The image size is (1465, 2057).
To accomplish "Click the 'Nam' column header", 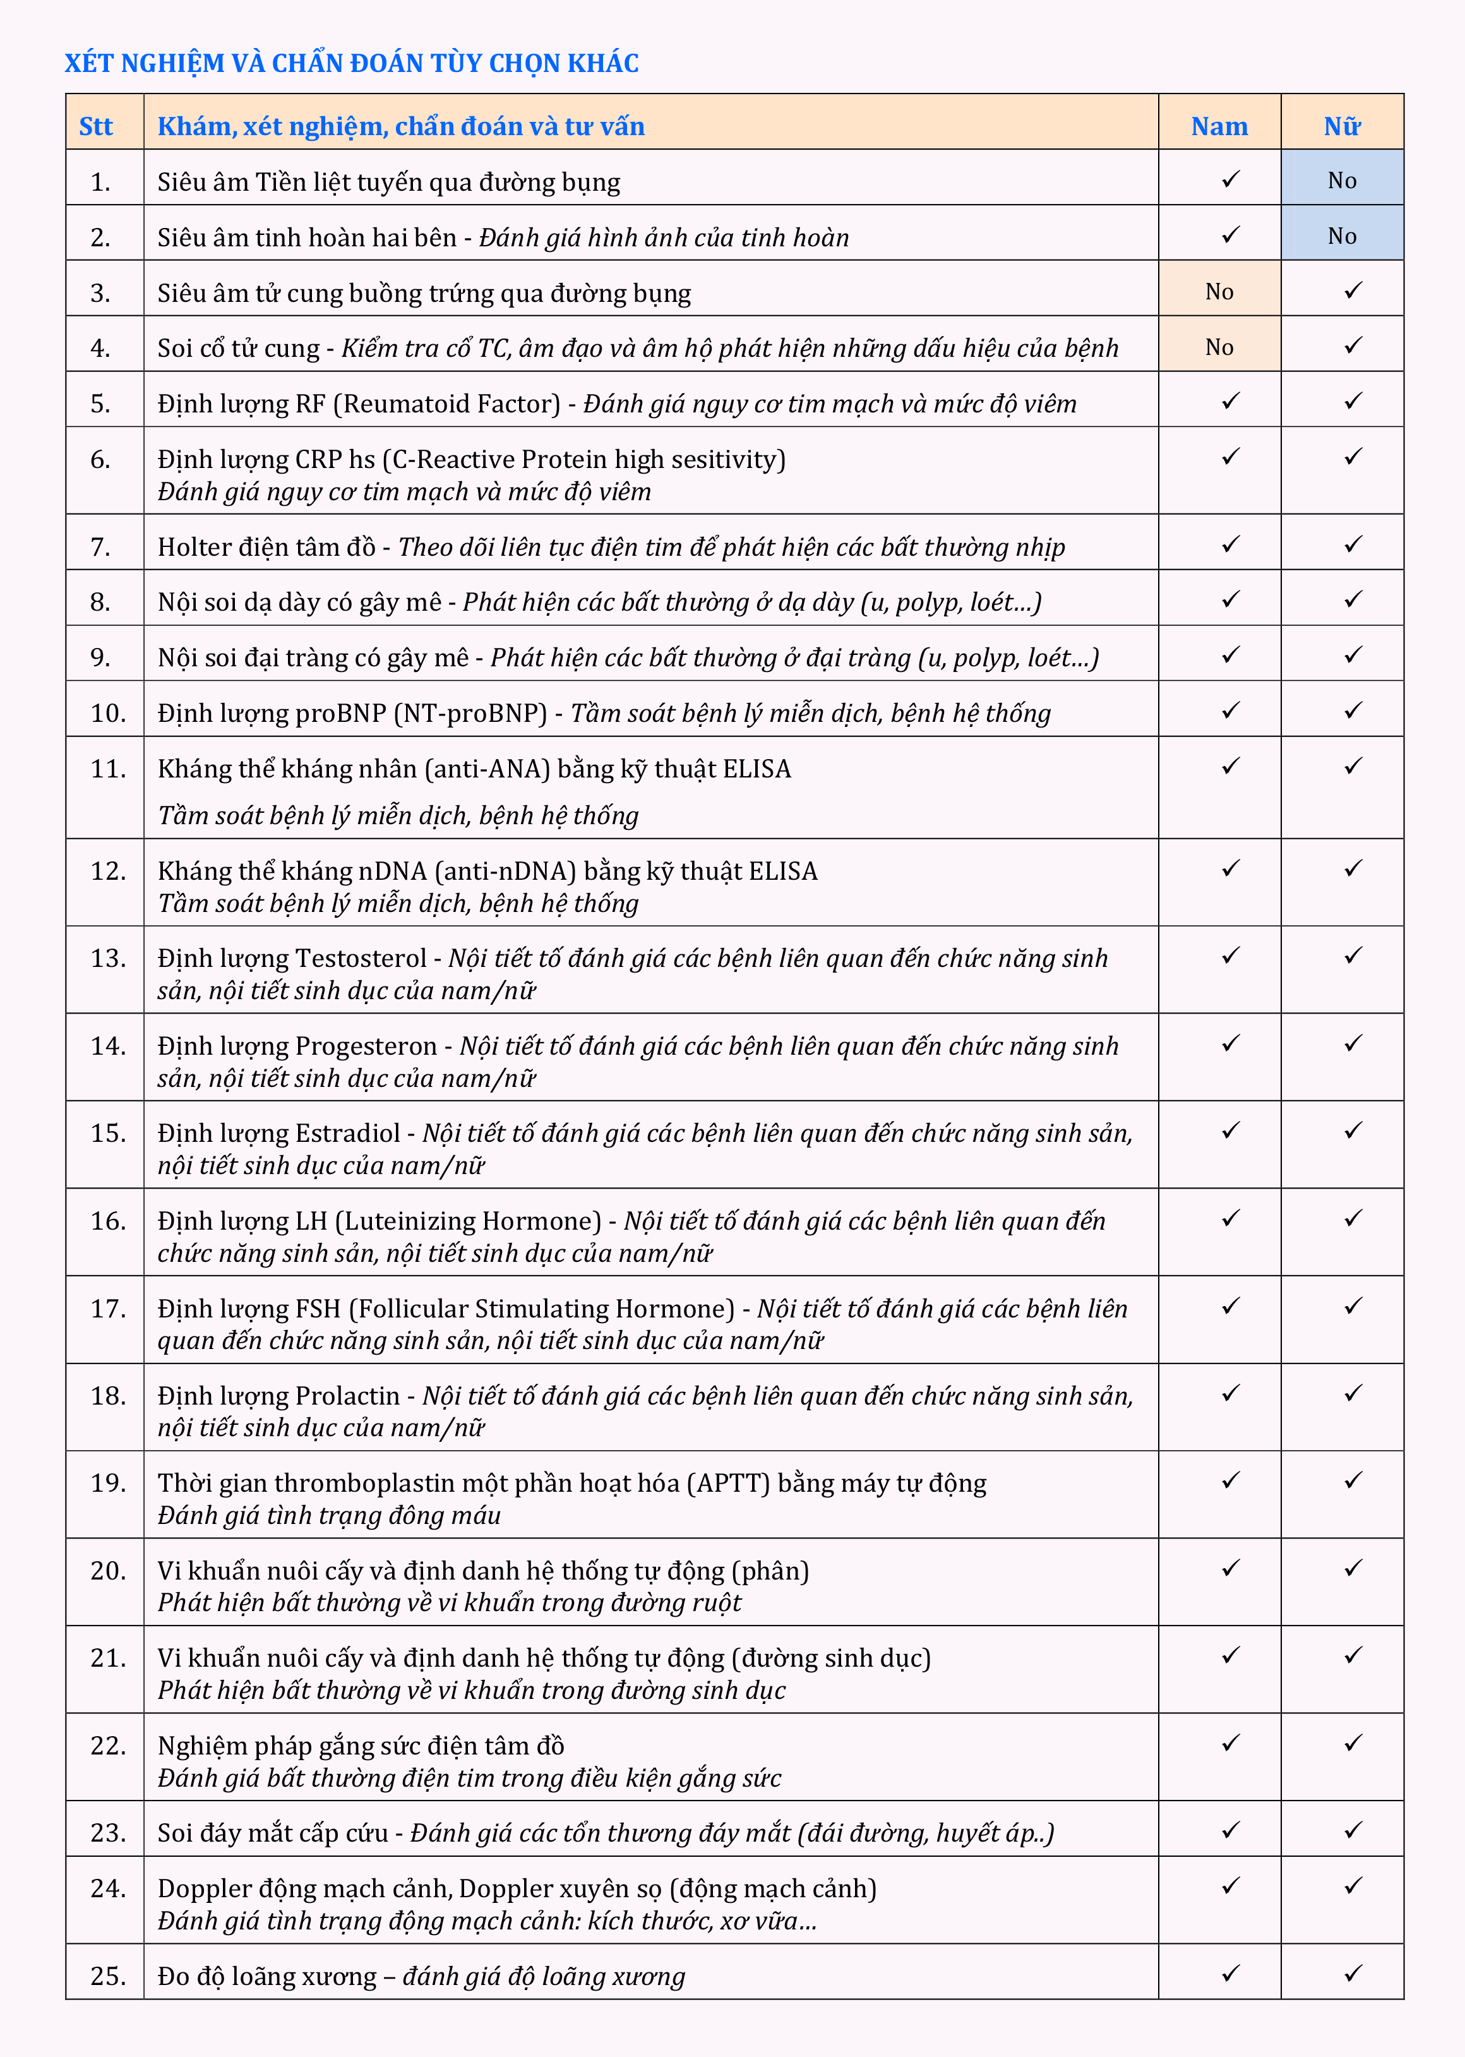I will click(x=1219, y=126).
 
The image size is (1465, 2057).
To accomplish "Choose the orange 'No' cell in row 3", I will click(x=1219, y=291).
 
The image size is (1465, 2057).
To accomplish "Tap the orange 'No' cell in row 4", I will click(x=1219, y=347).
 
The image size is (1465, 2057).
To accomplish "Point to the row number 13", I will click(x=107, y=958).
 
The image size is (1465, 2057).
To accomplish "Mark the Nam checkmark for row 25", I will click(x=1231, y=1973).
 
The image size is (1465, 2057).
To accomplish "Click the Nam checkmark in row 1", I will click(x=1231, y=179).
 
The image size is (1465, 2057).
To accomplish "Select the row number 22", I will click(x=107, y=1746).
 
